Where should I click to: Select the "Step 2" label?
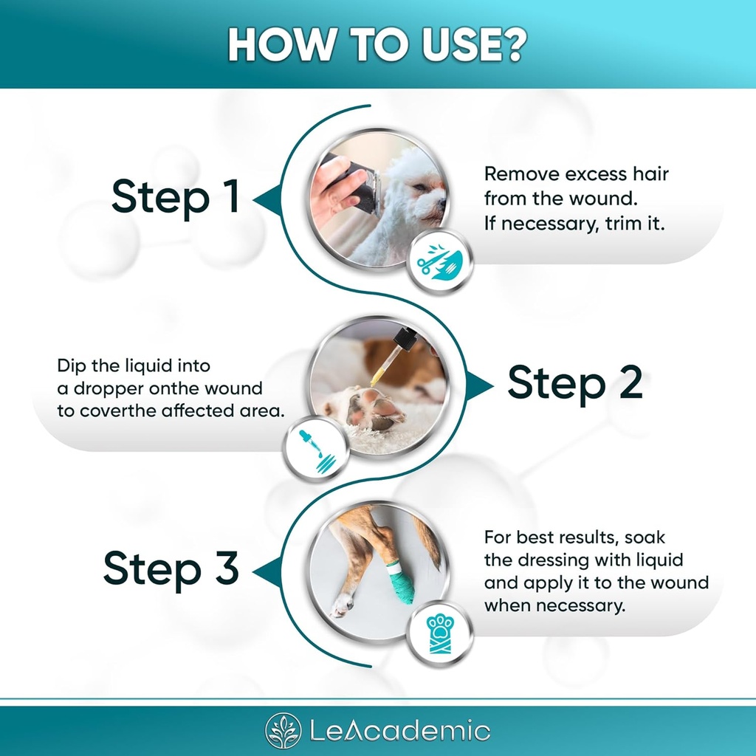click(574, 383)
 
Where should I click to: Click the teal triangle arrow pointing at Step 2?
click(480, 384)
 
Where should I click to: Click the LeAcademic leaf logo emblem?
click(283, 731)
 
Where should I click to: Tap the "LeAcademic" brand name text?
click(399, 731)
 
